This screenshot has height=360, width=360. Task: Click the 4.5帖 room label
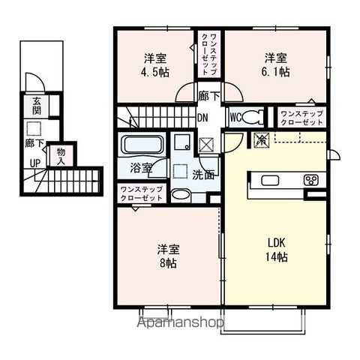[x=155, y=73]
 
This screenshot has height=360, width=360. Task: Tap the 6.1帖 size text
[x=276, y=73]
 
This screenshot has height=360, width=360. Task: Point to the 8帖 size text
[x=166, y=263]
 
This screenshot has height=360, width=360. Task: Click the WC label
[x=234, y=117]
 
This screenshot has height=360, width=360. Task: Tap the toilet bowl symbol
[x=253, y=116]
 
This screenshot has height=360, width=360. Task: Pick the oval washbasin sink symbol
[x=180, y=195]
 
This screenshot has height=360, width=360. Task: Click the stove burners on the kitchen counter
[x=310, y=179]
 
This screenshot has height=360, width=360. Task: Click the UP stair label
[x=34, y=163]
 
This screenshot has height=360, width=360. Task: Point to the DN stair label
[x=202, y=118]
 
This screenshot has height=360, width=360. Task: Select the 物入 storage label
[x=61, y=156]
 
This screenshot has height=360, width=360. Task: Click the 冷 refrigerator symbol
[x=261, y=139]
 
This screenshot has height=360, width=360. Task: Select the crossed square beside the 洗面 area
[x=206, y=144]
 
